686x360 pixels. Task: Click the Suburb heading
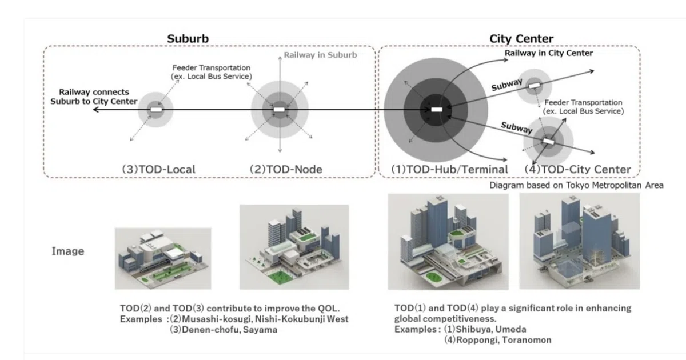click(x=188, y=39)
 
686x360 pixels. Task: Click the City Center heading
click(x=521, y=39)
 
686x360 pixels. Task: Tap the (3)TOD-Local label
click(x=159, y=169)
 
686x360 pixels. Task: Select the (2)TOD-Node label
click(x=286, y=169)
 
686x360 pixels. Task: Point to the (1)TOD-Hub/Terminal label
click(x=449, y=169)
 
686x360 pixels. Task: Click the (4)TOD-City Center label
click(x=577, y=169)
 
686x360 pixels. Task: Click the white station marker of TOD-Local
click(x=156, y=110)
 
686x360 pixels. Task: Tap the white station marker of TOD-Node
click(x=279, y=110)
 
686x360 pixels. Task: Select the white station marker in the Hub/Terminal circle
click(x=437, y=109)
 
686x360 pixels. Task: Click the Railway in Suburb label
click(x=320, y=55)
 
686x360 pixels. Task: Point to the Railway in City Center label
click(x=549, y=53)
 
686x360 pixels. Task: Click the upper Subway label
click(x=507, y=85)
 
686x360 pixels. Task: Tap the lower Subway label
click(x=517, y=127)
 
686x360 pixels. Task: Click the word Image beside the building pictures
click(x=67, y=251)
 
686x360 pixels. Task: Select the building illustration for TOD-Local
click(x=163, y=259)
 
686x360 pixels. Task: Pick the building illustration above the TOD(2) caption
click(x=294, y=247)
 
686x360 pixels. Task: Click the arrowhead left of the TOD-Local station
click(x=96, y=110)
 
